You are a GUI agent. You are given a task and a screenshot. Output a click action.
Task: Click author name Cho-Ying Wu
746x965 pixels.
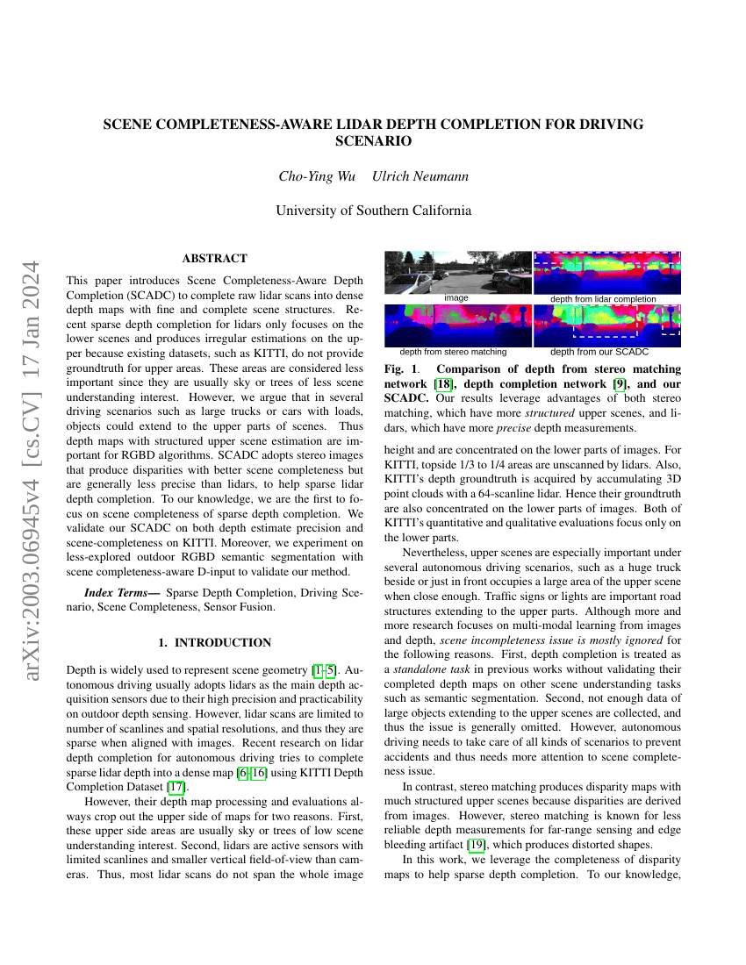coord(317,176)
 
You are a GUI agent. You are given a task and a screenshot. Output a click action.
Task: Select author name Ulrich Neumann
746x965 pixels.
coord(420,176)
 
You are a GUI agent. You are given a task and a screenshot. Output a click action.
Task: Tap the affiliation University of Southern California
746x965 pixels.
coord(373,211)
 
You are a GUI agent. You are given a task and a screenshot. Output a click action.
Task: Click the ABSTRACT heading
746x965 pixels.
coord(214,258)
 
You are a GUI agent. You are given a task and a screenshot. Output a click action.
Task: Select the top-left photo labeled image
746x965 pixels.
coord(457,272)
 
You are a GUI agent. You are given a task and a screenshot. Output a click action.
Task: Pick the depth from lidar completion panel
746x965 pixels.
coord(607,272)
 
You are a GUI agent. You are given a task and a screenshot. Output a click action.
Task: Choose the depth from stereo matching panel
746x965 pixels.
coord(457,325)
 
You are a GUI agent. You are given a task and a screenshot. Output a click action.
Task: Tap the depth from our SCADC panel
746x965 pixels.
coord(607,325)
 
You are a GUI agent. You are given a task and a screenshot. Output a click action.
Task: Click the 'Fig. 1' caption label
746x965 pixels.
coord(401,369)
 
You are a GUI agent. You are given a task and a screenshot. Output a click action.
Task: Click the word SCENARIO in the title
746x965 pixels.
coord(373,140)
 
